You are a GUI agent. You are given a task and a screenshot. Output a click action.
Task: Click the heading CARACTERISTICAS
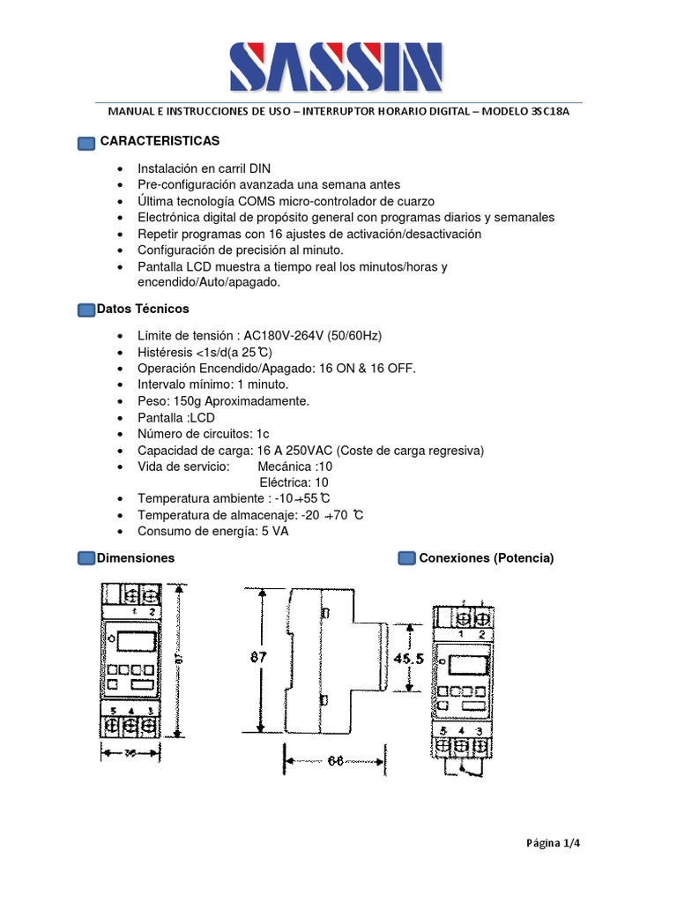point(160,141)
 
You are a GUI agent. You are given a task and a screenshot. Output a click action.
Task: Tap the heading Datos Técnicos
point(143,309)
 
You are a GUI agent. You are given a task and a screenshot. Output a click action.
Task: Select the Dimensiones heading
point(136,557)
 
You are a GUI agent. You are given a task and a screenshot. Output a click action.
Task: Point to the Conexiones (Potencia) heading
point(487,557)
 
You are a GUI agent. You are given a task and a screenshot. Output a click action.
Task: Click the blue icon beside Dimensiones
point(86,558)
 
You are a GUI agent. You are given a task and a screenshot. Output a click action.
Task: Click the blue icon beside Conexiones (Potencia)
point(406,558)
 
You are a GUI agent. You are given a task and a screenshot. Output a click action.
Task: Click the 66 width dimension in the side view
point(333,762)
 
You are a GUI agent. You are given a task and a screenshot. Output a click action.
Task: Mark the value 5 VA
point(274,531)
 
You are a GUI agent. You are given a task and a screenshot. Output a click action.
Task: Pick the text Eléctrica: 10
point(294,482)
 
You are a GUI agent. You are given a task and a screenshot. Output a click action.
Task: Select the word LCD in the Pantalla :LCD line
point(202,417)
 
